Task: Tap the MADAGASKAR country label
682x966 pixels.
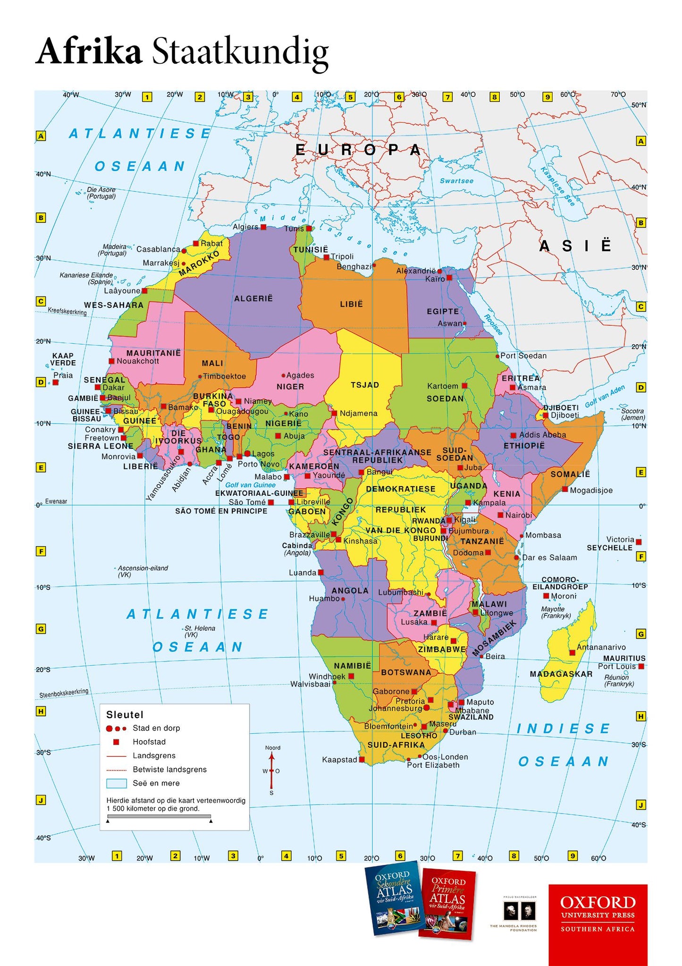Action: (561, 674)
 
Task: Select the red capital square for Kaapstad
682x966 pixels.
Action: (362, 759)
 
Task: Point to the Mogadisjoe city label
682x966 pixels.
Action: (591, 490)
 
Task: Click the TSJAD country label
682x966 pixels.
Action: (365, 385)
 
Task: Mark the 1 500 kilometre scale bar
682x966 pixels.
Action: (159, 816)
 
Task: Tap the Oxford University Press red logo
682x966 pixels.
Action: (598, 924)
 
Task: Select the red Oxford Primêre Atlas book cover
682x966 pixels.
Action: (447, 903)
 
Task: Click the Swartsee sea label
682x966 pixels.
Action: (456, 181)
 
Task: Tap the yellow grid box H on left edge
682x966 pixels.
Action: (41, 711)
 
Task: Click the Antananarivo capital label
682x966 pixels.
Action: (601, 647)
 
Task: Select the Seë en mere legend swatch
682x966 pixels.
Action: (117, 783)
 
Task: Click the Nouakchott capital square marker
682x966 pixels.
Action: (112, 361)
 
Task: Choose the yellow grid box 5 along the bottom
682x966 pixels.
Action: (341, 855)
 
